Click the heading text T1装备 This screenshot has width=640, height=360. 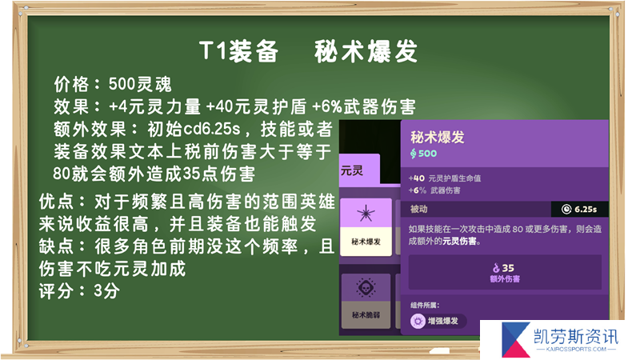(239, 51)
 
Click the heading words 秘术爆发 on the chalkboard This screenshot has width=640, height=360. (366, 51)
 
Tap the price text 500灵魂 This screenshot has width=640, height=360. (140, 84)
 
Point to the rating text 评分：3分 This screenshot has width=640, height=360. (79, 291)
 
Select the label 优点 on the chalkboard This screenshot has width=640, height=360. (57, 202)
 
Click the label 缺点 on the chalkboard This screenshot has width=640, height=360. (57, 246)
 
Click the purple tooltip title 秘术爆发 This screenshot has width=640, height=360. (437, 137)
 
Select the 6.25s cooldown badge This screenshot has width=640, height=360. (579, 209)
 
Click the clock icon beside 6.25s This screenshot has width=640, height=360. (566, 210)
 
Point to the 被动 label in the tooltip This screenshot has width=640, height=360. (418, 209)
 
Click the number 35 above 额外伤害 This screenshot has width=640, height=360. (508, 268)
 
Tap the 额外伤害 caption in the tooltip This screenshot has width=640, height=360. (505, 278)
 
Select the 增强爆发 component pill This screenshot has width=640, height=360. (438, 321)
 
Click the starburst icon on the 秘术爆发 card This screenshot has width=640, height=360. (366, 213)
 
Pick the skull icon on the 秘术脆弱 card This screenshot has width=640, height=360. (366, 287)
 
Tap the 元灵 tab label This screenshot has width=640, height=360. (351, 170)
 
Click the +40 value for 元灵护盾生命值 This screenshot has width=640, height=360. (416, 178)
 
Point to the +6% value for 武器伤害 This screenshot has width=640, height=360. (417, 190)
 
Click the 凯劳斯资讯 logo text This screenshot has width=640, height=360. (576, 337)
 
